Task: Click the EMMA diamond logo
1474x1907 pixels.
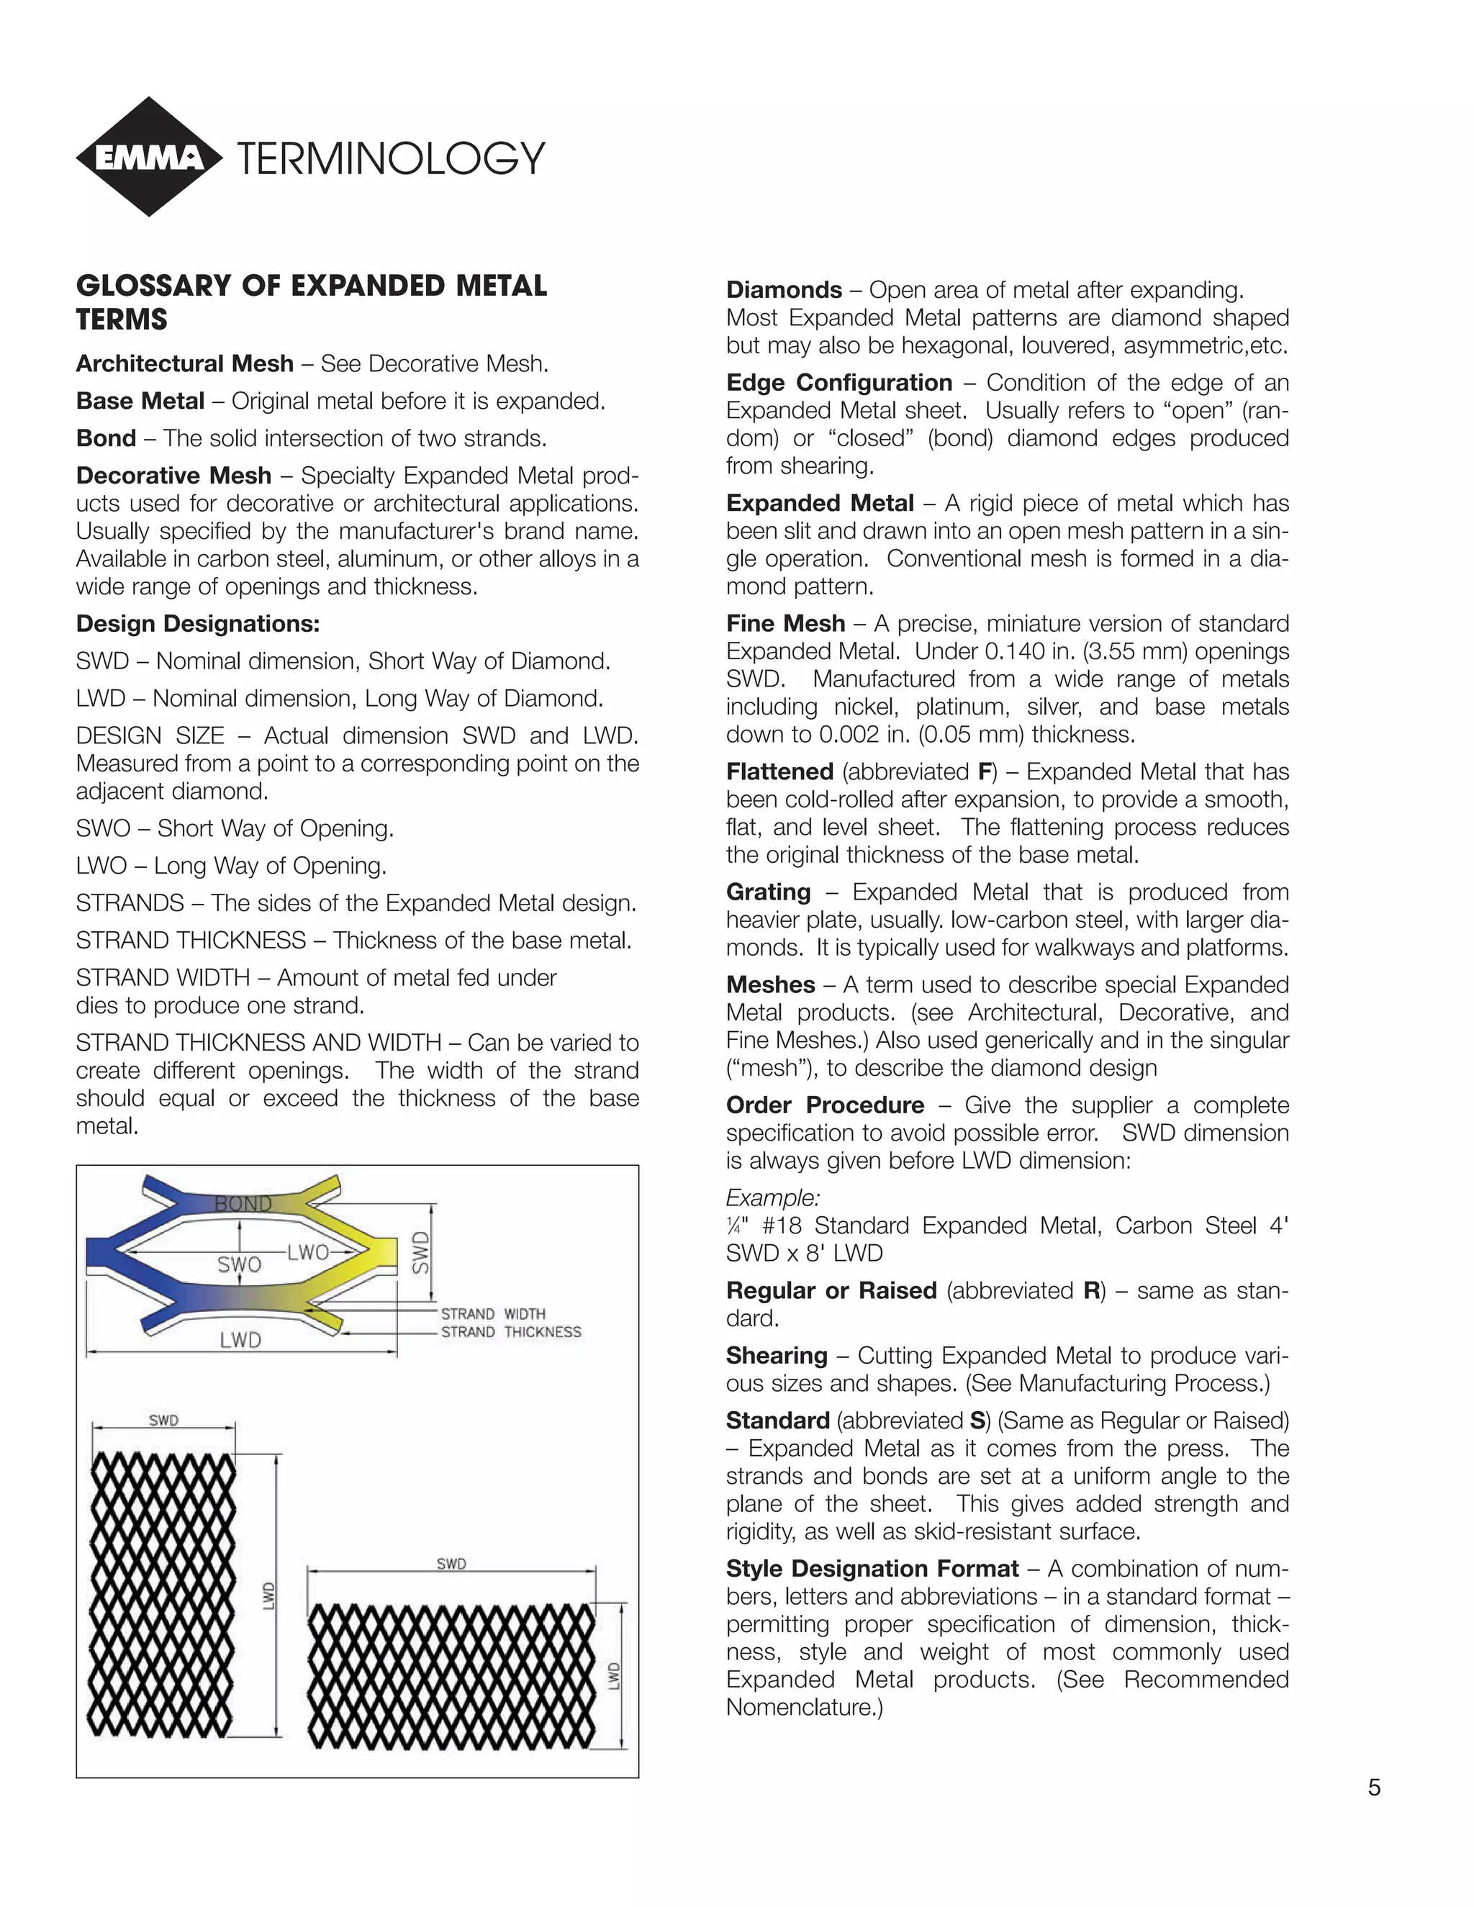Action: [149, 157]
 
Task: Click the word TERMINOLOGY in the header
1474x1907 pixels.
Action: [390, 159]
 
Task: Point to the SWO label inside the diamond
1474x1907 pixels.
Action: [238, 1264]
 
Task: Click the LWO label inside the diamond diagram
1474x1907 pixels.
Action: [307, 1252]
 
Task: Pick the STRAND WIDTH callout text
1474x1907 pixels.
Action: [492, 1313]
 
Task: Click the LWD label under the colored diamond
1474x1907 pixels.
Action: [240, 1341]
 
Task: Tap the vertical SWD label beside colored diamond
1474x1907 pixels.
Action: [421, 1252]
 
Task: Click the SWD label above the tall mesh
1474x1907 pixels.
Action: [163, 1421]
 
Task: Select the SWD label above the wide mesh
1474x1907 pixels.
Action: [451, 1564]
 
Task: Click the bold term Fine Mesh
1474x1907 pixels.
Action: [785, 623]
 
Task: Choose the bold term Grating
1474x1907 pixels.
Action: [767, 892]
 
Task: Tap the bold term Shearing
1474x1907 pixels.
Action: [777, 1355]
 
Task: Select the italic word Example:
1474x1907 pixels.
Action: [772, 1197]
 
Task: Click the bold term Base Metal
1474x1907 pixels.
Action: [140, 401]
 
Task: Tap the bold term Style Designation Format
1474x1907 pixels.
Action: [872, 1568]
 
